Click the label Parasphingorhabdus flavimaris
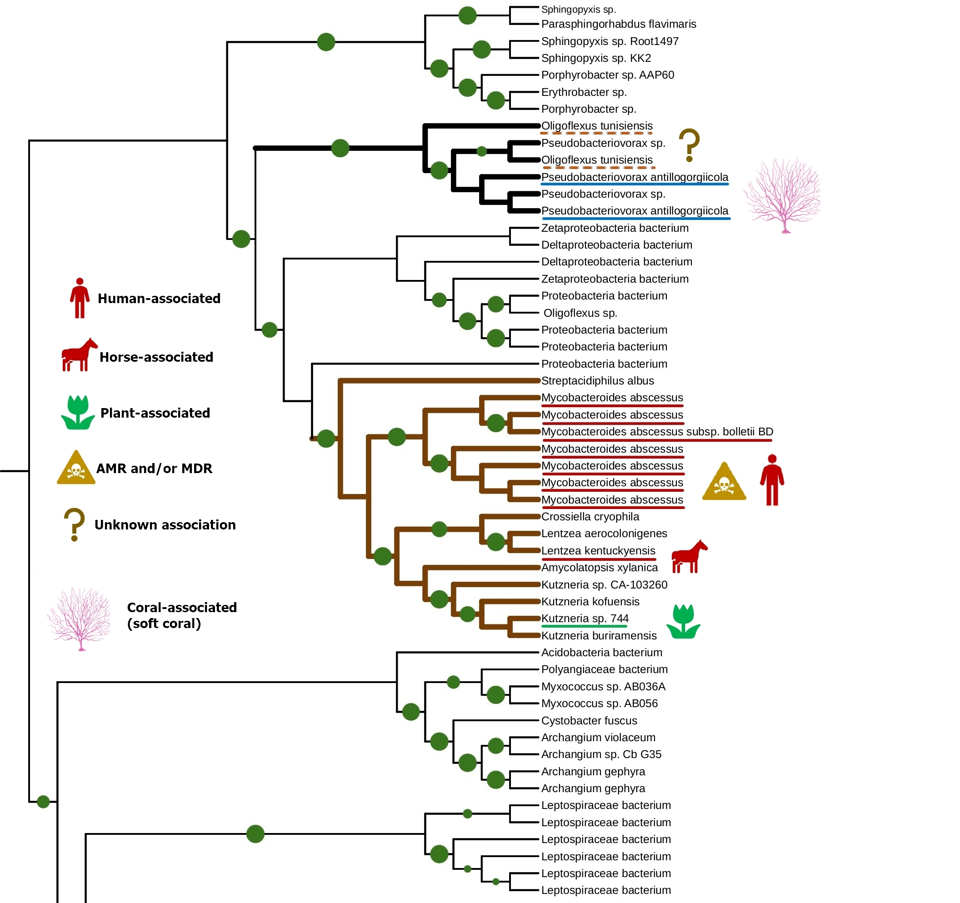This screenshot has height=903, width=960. click(x=618, y=24)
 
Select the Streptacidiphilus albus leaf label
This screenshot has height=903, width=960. click(x=597, y=381)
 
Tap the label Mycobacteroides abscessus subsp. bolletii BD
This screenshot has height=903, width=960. click(x=657, y=432)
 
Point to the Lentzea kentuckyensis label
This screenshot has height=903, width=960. click(x=598, y=551)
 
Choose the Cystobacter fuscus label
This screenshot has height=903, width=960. click(x=589, y=721)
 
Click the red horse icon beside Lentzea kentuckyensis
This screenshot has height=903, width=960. click(x=689, y=557)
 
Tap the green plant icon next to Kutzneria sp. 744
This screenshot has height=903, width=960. click(x=683, y=622)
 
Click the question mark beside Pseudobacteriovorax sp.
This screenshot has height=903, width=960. click(x=689, y=145)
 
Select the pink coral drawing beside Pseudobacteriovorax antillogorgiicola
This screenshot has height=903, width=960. click(x=782, y=195)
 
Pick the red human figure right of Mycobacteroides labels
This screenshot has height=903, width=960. click(x=772, y=480)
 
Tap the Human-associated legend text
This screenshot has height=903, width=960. click(x=159, y=299)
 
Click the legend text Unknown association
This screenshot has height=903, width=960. click(x=165, y=525)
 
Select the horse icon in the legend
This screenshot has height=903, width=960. click(x=79, y=355)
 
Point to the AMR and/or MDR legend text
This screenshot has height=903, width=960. click(x=154, y=469)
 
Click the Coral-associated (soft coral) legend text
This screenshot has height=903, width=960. click(x=181, y=616)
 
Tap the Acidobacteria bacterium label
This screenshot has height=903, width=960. click(x=601, y=653)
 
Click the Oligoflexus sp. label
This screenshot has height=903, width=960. click(x=580, y=314)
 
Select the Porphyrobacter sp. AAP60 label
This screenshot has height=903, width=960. click(x=607, y=75)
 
